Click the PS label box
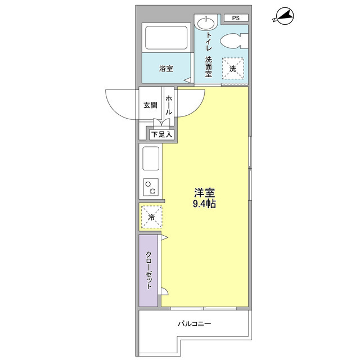pyautogui.click(x=236, y=18)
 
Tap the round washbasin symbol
pyautogui.click(x=206, y=22)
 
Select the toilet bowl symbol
pyautogui.click(x=234, y=41)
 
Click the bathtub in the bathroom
pyautogui.click(x=166, y=38)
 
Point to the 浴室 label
pyautogui.click(x=166, y=69)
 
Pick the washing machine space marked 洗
pyautogui.click(x=233, y=69)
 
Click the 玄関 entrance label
pyautogui.click(x=150, y=105)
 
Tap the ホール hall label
pyautogui.click(x=169, y=105)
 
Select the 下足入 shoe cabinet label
pyautogui.click(x=161, y=134)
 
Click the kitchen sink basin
pyautogui.click(x=151, y=159)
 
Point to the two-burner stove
pyautogui.click(x=151, y=187)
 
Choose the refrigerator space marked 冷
pyautogui.click(x=151, y=217)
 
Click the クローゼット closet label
pyautogui.click(x=149, y=270)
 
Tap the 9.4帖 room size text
pyautogui.click(x=204, y=204)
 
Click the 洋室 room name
pyautogui.click(x=204, y=193)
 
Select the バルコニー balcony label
pyautogui.click(x=194, y=324)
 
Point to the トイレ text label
pyautogui.click(x=209, y=41)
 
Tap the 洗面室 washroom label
pyautogui.click(x=209, y=66)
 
